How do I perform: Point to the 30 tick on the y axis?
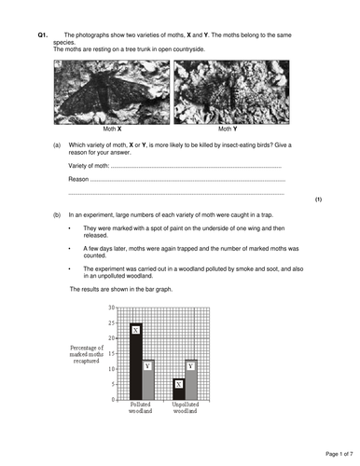[111, 307]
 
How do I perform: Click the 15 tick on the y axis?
[111, 353]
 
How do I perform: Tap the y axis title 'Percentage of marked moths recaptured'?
[87, 357]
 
